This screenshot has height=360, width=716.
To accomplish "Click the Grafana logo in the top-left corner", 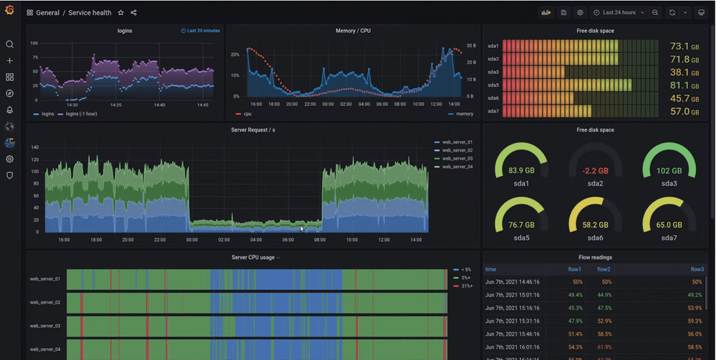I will coord(9,11).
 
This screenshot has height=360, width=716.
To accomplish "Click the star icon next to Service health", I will coord(120,13).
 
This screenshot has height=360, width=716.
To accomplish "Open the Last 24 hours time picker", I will coord(619,13).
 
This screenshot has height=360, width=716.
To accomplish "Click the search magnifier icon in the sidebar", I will coord(9,44).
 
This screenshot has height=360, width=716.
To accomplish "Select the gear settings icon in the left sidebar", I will coord(9,159).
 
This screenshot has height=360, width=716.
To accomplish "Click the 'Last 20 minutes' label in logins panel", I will coord(200,31).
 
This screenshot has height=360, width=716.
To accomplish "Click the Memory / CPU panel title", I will coord(353,31).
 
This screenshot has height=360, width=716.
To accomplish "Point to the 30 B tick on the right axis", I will coord(470,46).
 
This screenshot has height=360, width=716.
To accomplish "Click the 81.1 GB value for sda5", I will coord(679,85).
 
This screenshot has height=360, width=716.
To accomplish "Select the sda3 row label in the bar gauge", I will coord(493,72).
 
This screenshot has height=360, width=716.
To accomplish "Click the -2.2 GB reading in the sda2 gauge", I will coord(596,170).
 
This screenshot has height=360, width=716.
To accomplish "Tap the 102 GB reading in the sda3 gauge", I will coord(669,170).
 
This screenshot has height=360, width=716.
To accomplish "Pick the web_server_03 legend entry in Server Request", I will coord(457,158).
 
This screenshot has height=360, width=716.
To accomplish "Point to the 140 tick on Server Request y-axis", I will coord(34,147).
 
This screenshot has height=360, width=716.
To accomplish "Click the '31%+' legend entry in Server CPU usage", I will coord(465,286).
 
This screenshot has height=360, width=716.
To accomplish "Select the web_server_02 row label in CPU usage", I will coord(44,303).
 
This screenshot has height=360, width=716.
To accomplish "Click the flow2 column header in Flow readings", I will coord(604,270).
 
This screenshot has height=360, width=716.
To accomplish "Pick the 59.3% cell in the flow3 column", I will coord(693,321).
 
